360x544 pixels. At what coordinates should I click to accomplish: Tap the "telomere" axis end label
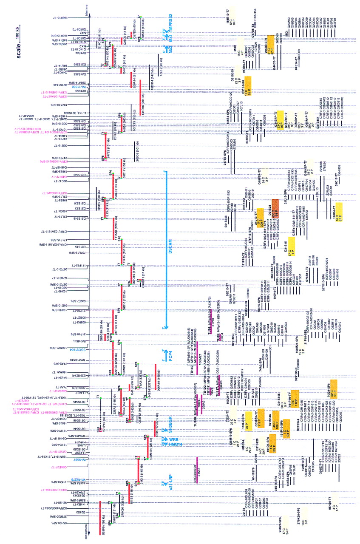(88, 11)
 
